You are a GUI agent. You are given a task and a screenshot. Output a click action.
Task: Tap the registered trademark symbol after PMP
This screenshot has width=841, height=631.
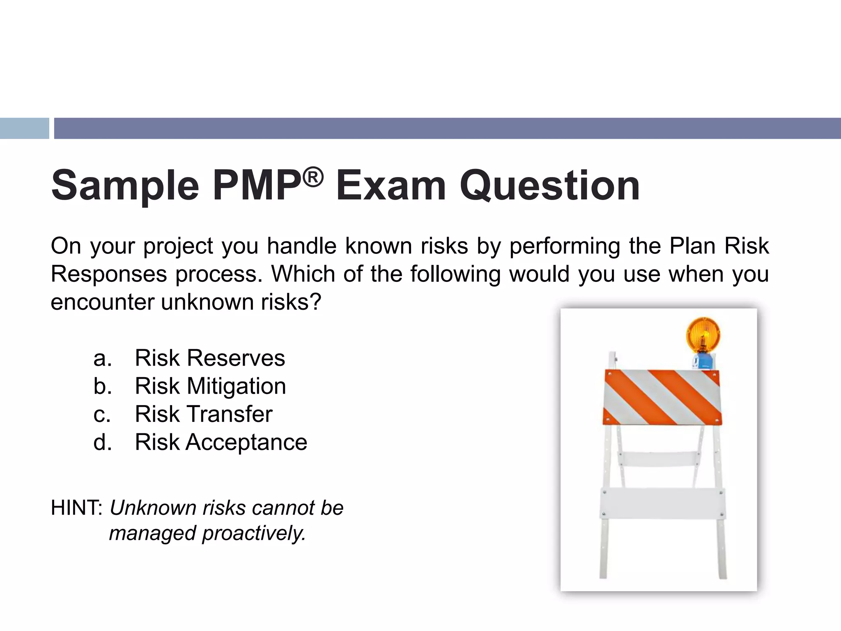pyautogui.click(x=313, y=178)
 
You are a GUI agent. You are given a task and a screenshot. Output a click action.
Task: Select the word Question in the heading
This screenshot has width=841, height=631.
pyautogui.click(x=549, y=186)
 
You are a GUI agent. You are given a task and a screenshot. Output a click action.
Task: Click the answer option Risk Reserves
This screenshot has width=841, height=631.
pyautogui.click(x=209, y=358)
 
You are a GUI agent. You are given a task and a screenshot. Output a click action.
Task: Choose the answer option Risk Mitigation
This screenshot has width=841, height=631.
pyautogui.click(x=210, y=386)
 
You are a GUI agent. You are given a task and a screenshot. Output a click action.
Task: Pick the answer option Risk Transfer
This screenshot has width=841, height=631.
pyautogui.click(x=203, y=414)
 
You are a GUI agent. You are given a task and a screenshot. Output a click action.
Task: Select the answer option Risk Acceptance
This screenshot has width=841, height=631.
pyautogui.click(x=221, y=442)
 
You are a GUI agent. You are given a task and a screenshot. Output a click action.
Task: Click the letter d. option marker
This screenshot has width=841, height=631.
pyautogui.click(x=102, y=442)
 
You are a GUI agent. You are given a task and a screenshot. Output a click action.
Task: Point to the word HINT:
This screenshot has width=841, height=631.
pyautogui.click(x=77, y=508)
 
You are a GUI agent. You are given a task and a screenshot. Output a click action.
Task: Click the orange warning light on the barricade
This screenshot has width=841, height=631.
pyautogui.click(x=703, y=335)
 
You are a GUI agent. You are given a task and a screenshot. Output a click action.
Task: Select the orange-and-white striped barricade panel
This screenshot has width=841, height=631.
pyautogui.click(x=662, y=397)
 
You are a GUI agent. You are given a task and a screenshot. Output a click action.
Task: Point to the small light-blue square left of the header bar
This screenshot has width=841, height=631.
pyautogui.click(x=24, y=128)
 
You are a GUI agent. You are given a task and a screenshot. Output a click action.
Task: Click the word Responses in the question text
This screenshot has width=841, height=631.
pyautogui.click(x=109, y=274)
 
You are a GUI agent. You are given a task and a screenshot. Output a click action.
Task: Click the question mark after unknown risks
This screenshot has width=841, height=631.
pyautogui.click(x=315, y=302)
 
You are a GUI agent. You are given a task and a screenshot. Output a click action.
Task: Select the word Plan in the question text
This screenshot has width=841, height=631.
pyautogui.click(x=692, y=246)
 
